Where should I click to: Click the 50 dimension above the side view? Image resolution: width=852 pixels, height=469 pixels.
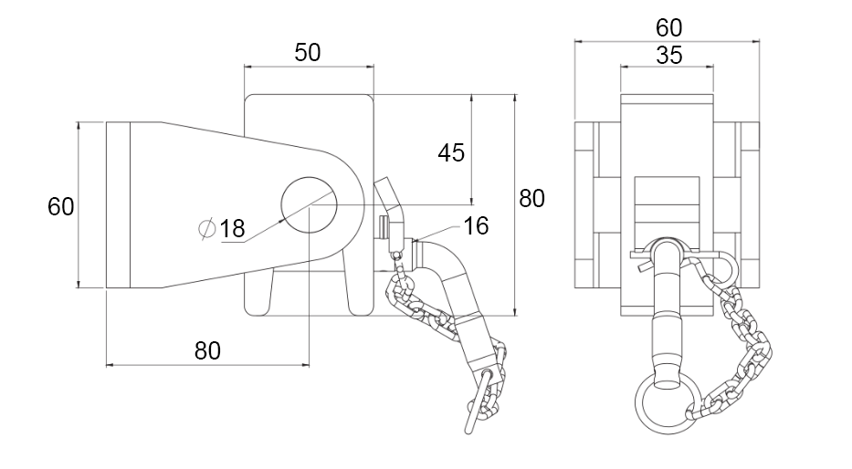click(308, 53)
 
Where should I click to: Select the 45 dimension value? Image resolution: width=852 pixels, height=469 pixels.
click(451, 152)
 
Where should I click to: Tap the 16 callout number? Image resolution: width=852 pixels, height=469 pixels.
click(476, 225)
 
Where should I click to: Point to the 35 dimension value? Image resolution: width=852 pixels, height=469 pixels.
click(668, 56)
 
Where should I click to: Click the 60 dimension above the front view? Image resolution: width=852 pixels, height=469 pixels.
click(668, 27)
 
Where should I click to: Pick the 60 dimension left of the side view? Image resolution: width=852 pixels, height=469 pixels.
click(60, 206)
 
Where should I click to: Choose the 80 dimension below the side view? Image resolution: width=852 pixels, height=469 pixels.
click(208, 349)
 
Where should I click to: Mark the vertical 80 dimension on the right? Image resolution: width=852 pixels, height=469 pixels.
click(531, 197)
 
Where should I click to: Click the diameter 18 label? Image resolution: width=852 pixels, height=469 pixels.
click(232, 229)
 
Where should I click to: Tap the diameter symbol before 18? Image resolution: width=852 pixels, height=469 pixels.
click(207, 228)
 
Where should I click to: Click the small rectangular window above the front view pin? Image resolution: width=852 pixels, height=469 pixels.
click(667, 191)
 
